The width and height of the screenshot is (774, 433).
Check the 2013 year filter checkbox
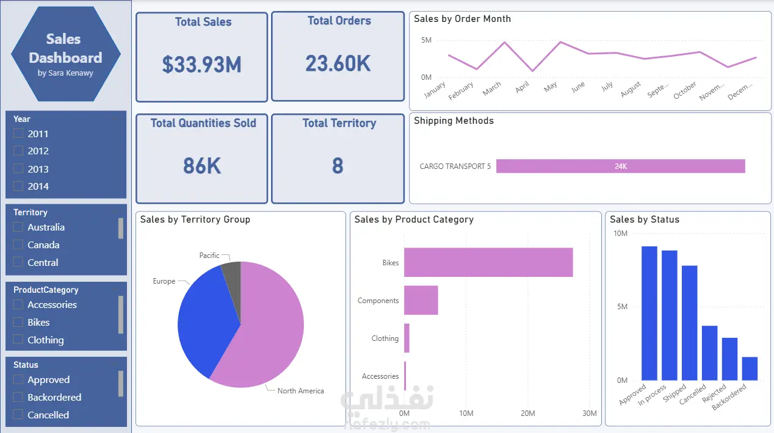(x=18, y=169)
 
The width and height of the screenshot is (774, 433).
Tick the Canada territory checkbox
(x=18, y=245)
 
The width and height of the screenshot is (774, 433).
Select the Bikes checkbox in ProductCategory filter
(x=18, y=322)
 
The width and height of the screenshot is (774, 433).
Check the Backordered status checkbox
(x=18, y=397)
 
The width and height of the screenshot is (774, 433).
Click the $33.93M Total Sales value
(x=201, y=64)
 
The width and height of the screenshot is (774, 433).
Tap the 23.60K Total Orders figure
(x=338, y=63)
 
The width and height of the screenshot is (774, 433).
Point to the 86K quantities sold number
(x=201, y=165)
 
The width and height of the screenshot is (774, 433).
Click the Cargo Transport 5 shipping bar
(x=620, y=166)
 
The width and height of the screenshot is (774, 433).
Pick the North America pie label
(x=300, y=391)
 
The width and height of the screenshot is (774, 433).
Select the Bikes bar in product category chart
(x=488, y=262)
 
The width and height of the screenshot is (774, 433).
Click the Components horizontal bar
(x=421, y=300)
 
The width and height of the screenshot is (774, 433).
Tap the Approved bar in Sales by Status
(x=649, y=313)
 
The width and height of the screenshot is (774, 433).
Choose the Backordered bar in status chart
(x=750, y=368)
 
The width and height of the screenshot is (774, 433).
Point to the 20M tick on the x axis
(x=527, y=413)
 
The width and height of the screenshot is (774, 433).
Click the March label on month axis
(x=492, y=89)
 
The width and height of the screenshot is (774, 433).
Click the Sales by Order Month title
(x=462, y=19)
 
